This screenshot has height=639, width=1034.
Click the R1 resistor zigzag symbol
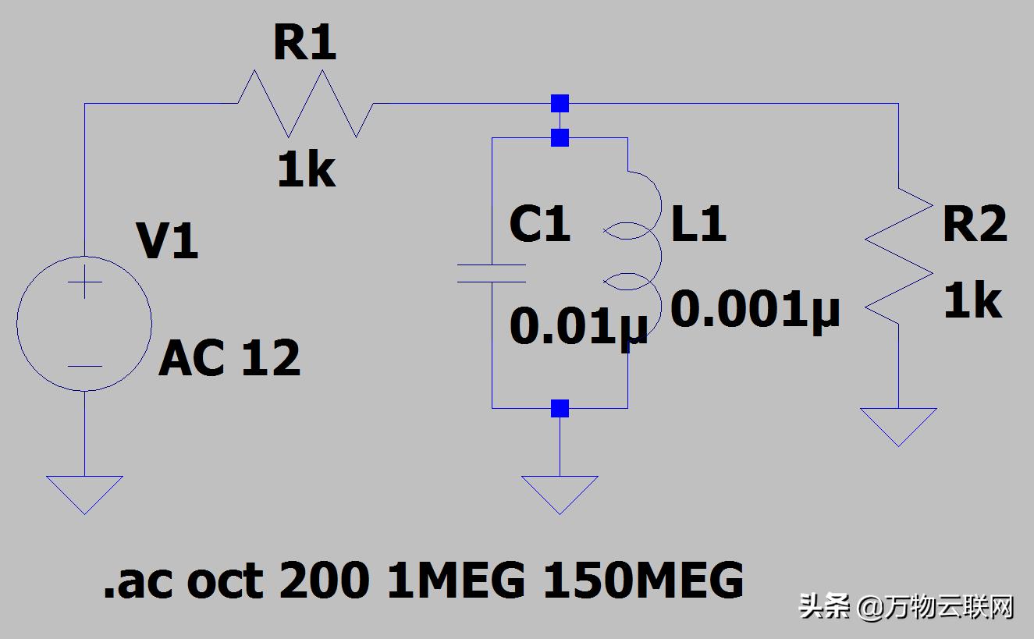[x=305, y=104]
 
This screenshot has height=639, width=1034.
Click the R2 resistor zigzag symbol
[x=899, y=257]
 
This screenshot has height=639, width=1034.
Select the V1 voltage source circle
[x=84, y=323]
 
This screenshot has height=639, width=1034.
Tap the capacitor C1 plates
[x=492, y=273]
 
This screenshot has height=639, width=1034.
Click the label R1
[x=304, y=44]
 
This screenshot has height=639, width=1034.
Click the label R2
[x=975, y=225]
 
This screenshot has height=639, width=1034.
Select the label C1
[x=539, y=224]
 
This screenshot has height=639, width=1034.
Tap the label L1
[x=698, y=224]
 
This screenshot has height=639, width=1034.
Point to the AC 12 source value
[x=229, y=359]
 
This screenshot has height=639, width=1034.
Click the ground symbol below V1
[x=84, y=492]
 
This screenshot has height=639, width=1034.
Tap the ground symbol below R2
[x=899, y=424]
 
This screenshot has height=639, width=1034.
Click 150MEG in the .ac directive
[x=642, y=581]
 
